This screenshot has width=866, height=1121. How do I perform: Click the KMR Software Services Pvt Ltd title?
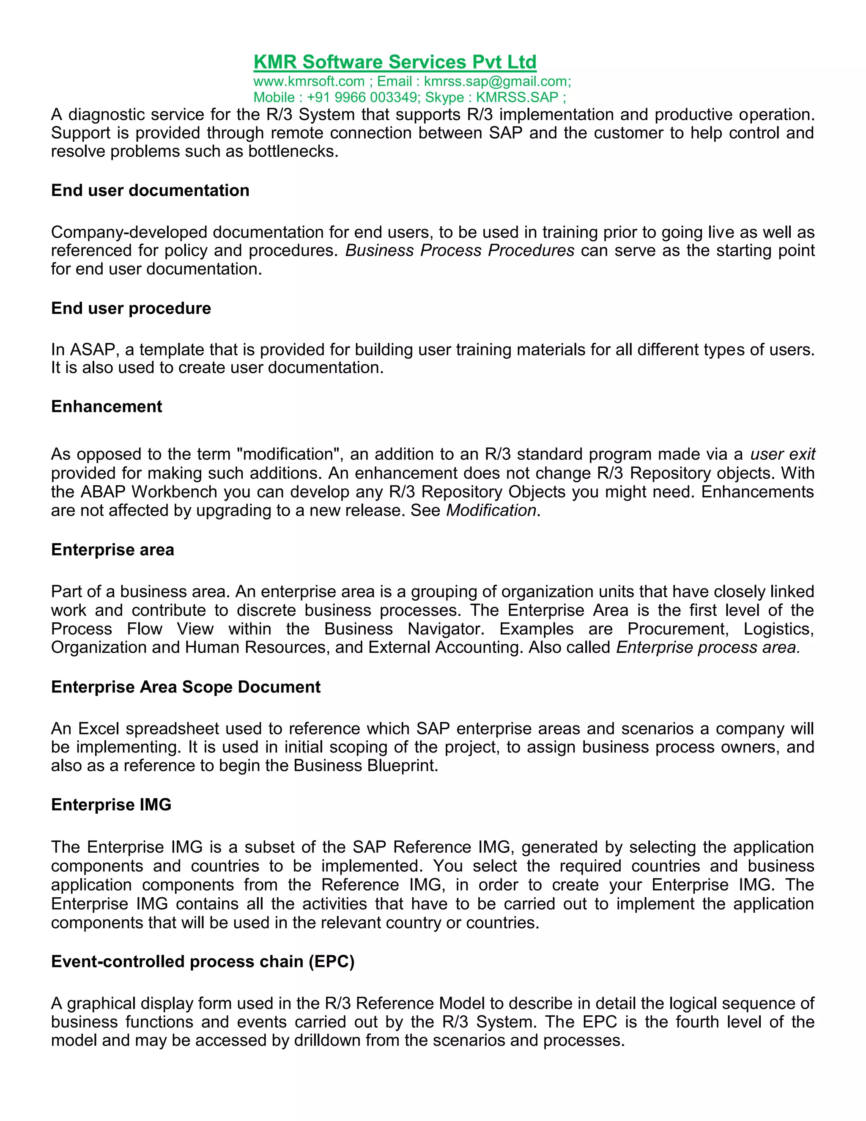395,62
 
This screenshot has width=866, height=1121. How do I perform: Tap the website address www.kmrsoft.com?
309,82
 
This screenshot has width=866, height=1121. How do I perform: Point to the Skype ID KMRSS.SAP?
517,98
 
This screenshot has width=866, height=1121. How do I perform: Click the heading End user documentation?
150,190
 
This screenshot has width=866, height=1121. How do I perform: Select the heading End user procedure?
131,308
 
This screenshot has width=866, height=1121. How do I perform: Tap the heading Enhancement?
106,407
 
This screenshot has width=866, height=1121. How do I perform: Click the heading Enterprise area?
112,550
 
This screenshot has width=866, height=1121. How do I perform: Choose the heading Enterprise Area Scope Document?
186,687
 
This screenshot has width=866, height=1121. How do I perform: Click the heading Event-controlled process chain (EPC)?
203,962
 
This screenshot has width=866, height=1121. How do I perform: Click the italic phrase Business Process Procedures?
460,250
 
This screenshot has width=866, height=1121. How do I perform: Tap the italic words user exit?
782,454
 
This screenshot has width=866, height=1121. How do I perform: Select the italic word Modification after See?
491,511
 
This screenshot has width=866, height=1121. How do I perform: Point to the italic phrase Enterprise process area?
707,648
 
